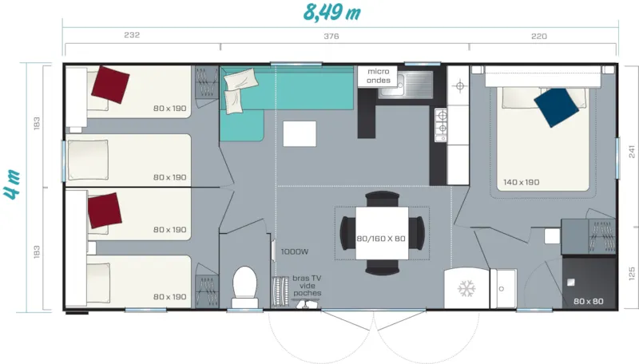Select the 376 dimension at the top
point(331,36)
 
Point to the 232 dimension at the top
point(132,36)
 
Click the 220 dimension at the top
point(539,36)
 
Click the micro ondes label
point(378,75)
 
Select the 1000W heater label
point(294,251)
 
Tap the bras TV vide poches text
point(307,285)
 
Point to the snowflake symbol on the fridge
point(465,288)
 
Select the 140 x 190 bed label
point(521,182)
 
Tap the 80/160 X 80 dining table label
point(380,238)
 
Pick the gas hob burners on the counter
point(439,125)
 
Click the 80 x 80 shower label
point(588,301)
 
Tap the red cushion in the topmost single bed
point(110,82)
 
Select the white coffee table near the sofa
point(300,133)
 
